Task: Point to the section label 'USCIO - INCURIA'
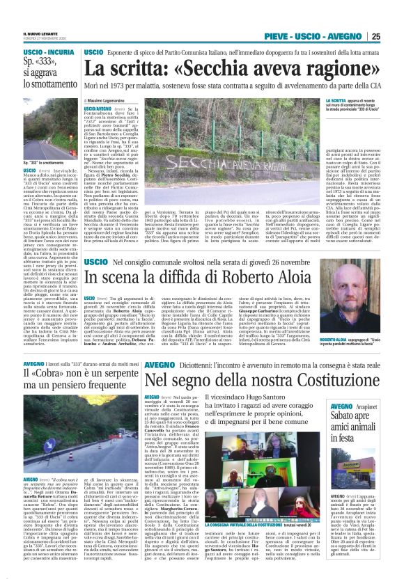(30, 52)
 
